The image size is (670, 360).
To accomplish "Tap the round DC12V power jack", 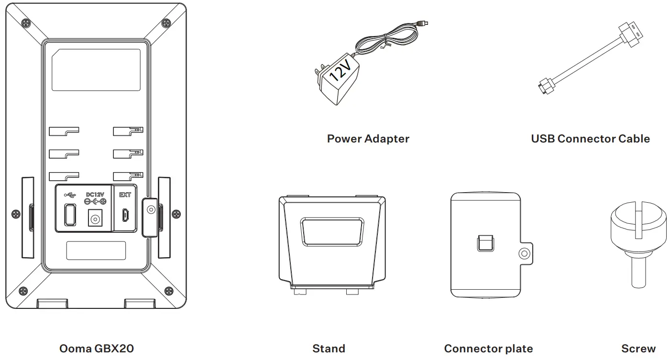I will [95, 219].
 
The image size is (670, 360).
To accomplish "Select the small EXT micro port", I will [124, 215].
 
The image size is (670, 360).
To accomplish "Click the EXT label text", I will [125, 195].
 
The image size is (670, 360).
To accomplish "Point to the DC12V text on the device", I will [95, 195].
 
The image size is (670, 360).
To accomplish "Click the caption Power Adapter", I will [368, 139].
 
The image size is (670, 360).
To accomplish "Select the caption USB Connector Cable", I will [590, 139].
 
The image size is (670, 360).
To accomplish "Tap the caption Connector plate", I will [488, 349].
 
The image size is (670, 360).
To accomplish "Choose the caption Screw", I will [638, 349].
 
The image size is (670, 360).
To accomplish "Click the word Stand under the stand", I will [329, 349].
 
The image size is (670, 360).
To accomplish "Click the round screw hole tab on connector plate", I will [525, 254].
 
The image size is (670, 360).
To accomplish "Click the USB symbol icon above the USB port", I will [70, 195].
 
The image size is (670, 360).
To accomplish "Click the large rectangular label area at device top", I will [96, 70].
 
